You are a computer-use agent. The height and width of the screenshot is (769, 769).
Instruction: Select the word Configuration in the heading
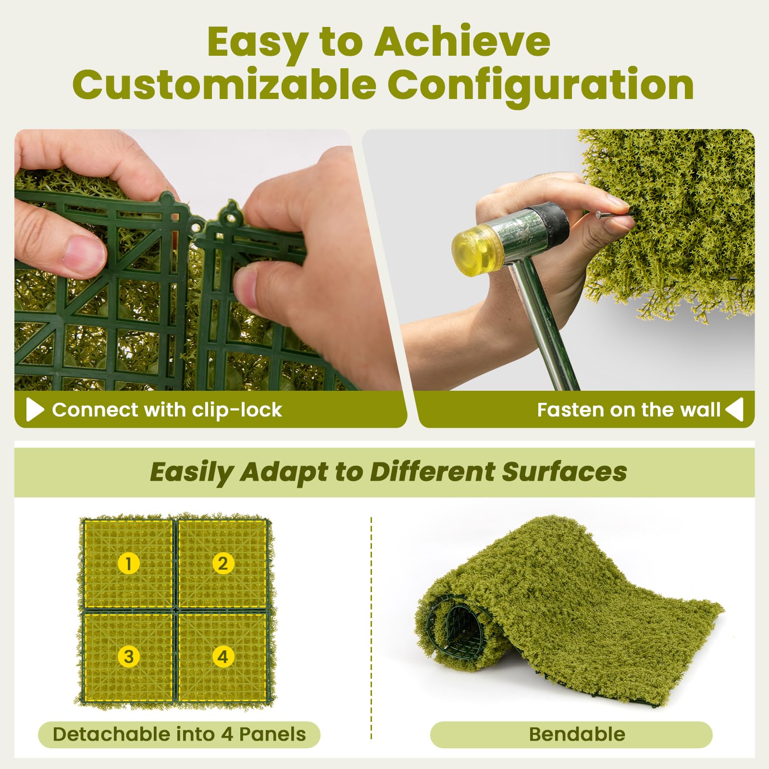[540, 85]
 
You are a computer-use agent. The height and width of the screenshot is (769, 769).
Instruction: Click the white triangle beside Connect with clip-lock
[35, 409]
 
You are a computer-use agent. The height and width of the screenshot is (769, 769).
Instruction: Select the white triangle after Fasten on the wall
[735, 409]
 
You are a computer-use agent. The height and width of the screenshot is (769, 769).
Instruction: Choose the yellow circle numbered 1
[128, 563]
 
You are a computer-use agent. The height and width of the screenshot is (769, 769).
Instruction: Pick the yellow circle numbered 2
[223, 563]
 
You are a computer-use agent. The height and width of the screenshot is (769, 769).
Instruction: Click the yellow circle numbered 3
[128, 657]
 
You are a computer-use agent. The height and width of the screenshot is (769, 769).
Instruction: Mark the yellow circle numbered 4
[223, 657]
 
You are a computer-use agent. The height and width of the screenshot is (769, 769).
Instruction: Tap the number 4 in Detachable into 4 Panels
[226, 734]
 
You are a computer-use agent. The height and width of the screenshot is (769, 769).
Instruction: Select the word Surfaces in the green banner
[564, 471]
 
